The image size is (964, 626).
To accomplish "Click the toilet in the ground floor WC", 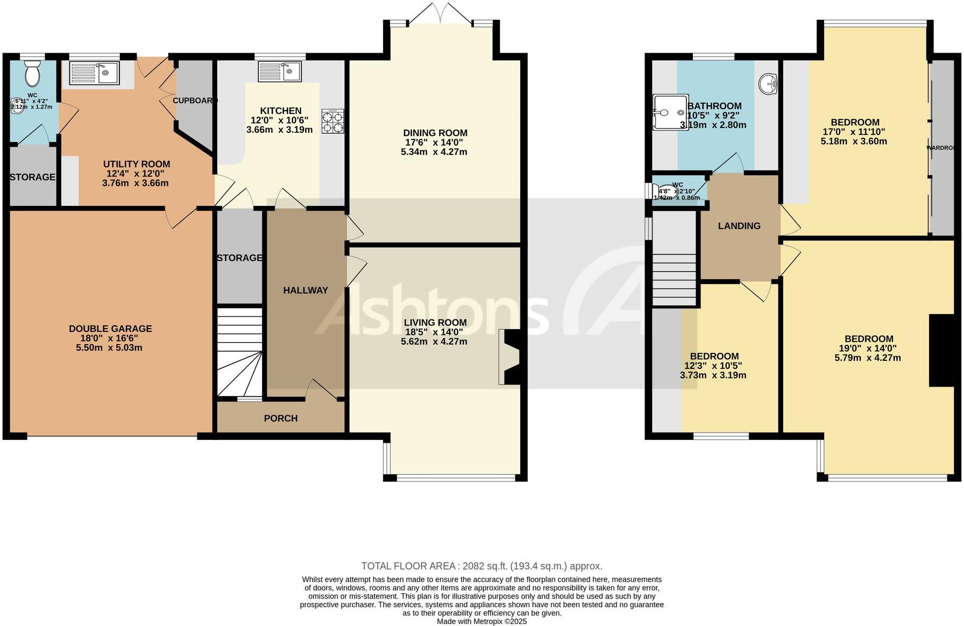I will point(32,74).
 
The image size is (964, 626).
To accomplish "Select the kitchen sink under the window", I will point(280,72).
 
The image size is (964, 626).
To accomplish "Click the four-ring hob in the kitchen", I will point(332,122).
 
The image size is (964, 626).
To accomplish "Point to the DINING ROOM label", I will point(435,133).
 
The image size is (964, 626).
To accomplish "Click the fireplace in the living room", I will point(508,357).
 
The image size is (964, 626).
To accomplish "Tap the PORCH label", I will point(281,418).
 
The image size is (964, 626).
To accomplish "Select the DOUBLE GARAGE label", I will point(110,329).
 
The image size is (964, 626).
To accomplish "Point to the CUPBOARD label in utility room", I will point(194,101).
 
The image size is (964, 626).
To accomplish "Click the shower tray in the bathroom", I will point(670,113).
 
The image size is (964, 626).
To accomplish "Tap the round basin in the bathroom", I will point(769,83).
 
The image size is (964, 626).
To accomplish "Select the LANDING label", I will point(739,226).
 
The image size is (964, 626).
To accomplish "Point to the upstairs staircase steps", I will point(675,280).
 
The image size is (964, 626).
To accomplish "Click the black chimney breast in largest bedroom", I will point(941,350).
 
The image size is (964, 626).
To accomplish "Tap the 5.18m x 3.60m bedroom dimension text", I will point(854,141).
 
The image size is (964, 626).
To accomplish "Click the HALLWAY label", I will point(306,290).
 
